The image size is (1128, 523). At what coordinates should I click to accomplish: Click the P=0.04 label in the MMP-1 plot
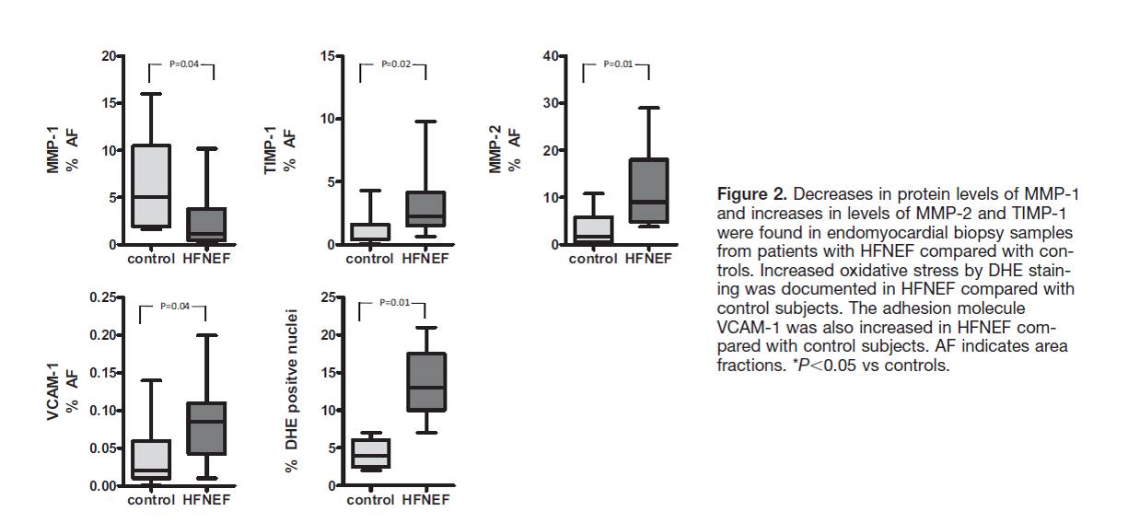(x=180, y=64)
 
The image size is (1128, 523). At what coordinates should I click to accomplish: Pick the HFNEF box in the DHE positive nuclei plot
(x=425, y=381)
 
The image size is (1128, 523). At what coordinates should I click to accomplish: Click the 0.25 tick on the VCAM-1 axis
(x=107, y=297)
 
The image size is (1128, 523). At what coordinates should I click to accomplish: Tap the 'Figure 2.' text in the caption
(x=751, y=194)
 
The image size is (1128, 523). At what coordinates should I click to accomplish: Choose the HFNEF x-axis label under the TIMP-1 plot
(x=425, y=259)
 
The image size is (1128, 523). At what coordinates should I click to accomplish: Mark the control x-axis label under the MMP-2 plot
(x=592, y=259)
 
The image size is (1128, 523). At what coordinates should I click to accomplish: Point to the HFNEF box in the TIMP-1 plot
(x=425, y=209)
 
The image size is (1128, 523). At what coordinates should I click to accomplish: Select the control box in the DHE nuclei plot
(x=370, y=453)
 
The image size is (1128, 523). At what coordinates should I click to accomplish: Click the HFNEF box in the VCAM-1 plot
(x=205, y=428)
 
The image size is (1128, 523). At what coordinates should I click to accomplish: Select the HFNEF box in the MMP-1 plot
(x=205, y=224)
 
